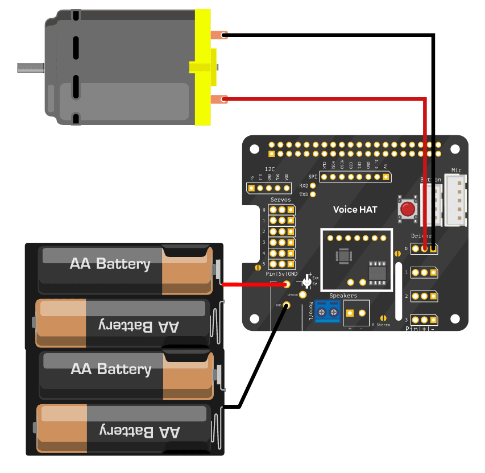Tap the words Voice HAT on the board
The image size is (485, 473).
tap(355, 210)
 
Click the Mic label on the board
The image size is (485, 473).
tap(457, 170)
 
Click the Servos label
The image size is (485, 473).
tap(280, 200)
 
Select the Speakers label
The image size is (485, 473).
tap(343, 296)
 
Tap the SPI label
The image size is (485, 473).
tap(313, 177)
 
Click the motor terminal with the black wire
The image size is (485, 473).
tap(219, 35)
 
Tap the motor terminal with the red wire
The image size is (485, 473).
tap(219, 101)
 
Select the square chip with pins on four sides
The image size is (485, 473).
tap(345, 256)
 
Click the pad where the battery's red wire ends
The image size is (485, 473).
tap(287, 284)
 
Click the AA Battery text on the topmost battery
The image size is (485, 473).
tap(110, 264)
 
